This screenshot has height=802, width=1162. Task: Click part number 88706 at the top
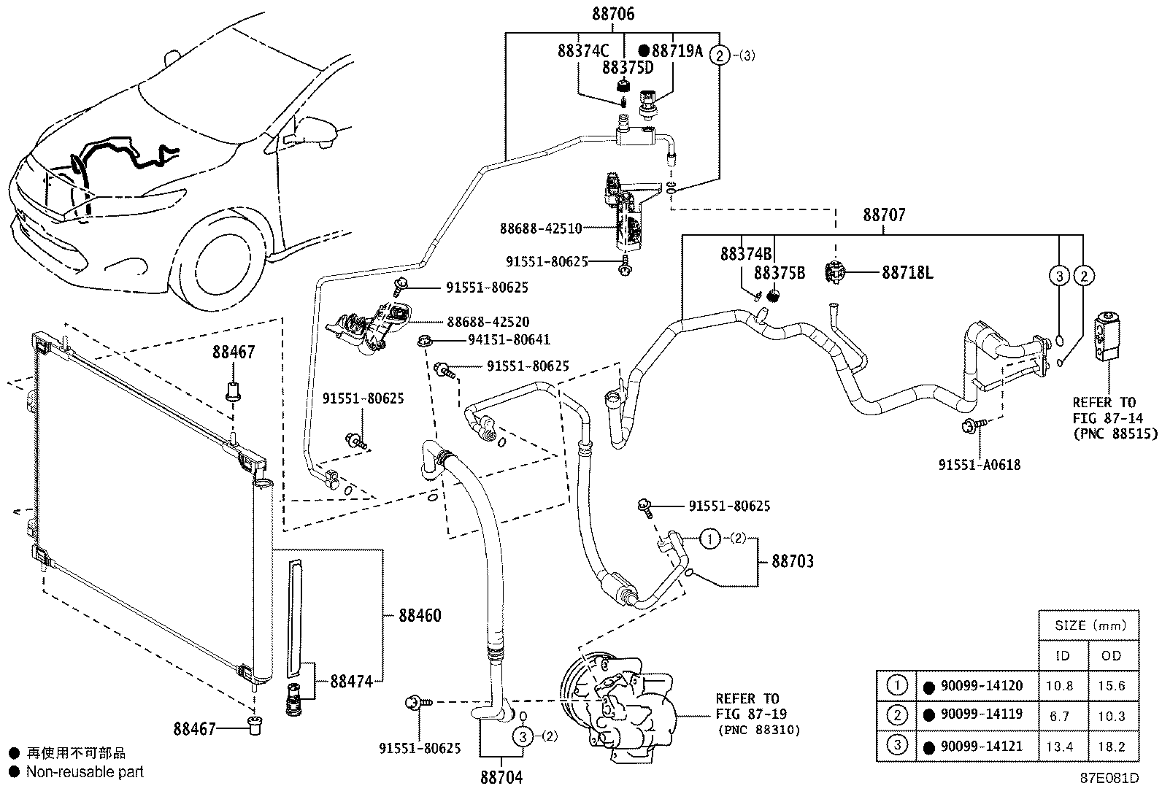(x=612, y=14)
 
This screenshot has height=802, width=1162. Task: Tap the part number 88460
(x=420, y=616)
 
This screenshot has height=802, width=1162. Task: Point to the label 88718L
(x=907, y=273)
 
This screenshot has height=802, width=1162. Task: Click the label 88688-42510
(x=540, y=228)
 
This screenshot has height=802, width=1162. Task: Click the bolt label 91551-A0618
(x=979, y=464)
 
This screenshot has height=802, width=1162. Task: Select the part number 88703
(x=793, y=561)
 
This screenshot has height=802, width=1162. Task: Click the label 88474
(x=351, y=681)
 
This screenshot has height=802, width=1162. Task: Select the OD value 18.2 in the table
(x=1111, y=747)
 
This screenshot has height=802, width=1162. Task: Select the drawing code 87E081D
(x=1109, y=778)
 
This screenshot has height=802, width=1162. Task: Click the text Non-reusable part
(x=85, y=772)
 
